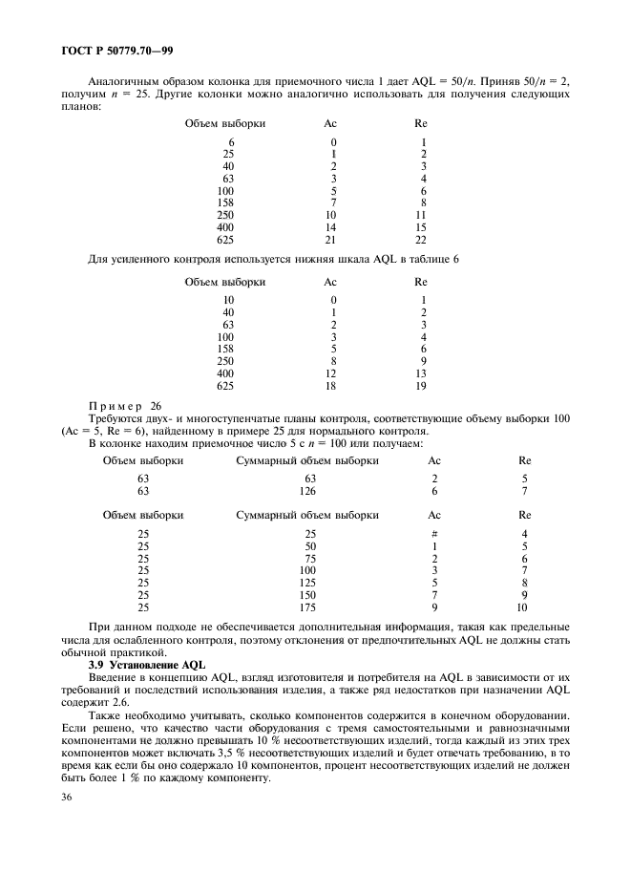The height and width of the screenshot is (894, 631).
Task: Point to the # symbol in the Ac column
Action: point(434,533)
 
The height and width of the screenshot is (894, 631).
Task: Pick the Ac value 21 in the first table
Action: point(332,241)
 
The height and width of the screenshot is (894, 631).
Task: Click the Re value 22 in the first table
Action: point(420,241)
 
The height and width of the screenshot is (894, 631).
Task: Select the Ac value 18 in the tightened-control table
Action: point(332,386)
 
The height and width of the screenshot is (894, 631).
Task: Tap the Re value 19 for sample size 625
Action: point(420,386)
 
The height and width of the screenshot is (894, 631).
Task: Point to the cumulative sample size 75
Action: point(308,558)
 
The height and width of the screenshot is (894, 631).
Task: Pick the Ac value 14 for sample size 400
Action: point(332,228)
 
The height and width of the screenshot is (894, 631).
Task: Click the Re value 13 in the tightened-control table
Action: point(420,373)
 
